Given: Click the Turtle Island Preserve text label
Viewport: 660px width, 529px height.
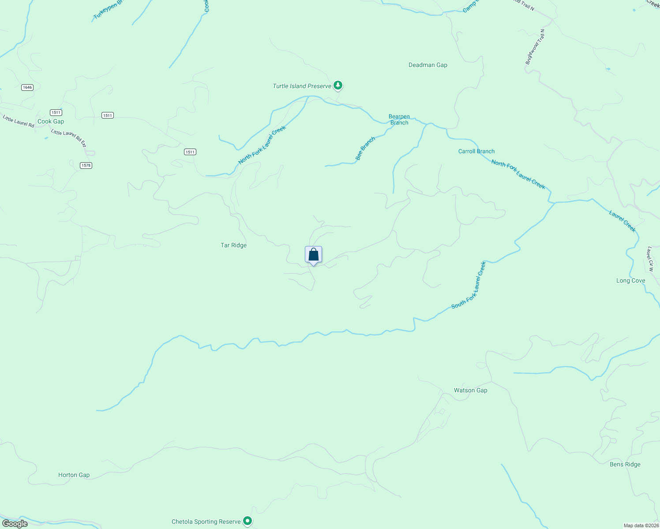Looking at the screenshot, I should (x=302, y=86).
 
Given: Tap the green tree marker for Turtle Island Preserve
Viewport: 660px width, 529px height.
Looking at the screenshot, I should (x=338, y=85).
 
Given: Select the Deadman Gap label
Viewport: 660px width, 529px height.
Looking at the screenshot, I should (x=427, y=65).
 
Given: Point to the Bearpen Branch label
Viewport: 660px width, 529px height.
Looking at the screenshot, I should (x=399, y=119).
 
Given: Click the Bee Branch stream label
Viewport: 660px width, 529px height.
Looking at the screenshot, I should (x=365, y=149).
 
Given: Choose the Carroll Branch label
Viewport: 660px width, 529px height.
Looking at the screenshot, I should (x=476, y=151).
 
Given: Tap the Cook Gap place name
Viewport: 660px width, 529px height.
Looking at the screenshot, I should (x=51, y=121).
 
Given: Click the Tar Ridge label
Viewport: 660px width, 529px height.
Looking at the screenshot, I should (x=233, y=245).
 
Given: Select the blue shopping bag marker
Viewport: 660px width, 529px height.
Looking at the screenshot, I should (x=313, y=255).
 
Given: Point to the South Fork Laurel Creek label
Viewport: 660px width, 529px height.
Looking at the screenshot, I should (x=469, y=285).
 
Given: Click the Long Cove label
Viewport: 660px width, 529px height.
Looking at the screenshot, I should (x=630, y=280).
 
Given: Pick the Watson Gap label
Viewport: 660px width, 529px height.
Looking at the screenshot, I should (x=471, y=390).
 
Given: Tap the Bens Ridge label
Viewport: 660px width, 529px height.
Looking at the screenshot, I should (x=625, y=464).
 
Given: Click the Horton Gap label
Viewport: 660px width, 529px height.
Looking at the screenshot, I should (x=74, y=475).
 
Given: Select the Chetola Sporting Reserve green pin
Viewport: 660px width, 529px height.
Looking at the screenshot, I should (x=248, y=521).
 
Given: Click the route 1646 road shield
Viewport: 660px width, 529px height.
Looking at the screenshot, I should (x=27, y=87).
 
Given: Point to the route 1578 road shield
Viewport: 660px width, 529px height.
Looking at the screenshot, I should (x=86, y=165).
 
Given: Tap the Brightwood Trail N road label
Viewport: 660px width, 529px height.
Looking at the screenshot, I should (x=535, y=47).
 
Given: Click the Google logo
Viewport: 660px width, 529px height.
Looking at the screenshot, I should (x=15, y=524).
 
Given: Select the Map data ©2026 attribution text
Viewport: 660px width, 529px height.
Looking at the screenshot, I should (x=641, y=525).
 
